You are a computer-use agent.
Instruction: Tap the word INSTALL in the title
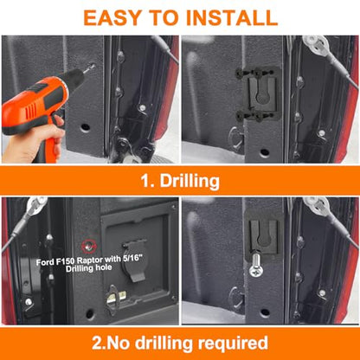(232, 17)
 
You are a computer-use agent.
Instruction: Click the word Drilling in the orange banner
(190, 182)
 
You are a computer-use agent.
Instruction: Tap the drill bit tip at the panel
(93, 66)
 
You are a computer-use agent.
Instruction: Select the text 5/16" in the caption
(132, 259)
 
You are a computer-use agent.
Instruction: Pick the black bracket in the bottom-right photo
(264, 234)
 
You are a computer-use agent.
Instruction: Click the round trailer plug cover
(135, 260)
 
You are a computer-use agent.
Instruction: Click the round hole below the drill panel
(86, 127)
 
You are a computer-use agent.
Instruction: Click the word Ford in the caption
(45, 262)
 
